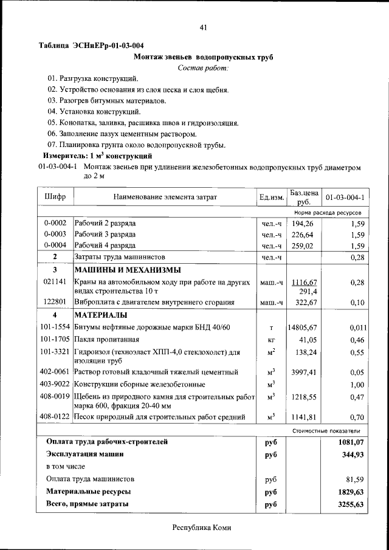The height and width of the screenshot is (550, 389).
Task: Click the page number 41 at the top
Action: coord(204,27)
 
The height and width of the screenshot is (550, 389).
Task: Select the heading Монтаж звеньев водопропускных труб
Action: coord(203,57)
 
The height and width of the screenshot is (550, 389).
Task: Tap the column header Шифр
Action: coord(55,197)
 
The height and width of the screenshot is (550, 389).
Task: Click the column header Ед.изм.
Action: coord(272,198)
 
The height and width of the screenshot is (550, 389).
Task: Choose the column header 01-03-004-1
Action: coord(345,198)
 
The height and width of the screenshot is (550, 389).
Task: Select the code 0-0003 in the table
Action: coord(55,235)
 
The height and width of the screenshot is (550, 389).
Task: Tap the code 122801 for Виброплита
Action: coord(55,302)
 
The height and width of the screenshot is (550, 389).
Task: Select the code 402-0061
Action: coord(55,372)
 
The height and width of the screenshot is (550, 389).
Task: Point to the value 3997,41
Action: coord(304,372)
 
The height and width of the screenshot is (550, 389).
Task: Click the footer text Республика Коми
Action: coord(202,528)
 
